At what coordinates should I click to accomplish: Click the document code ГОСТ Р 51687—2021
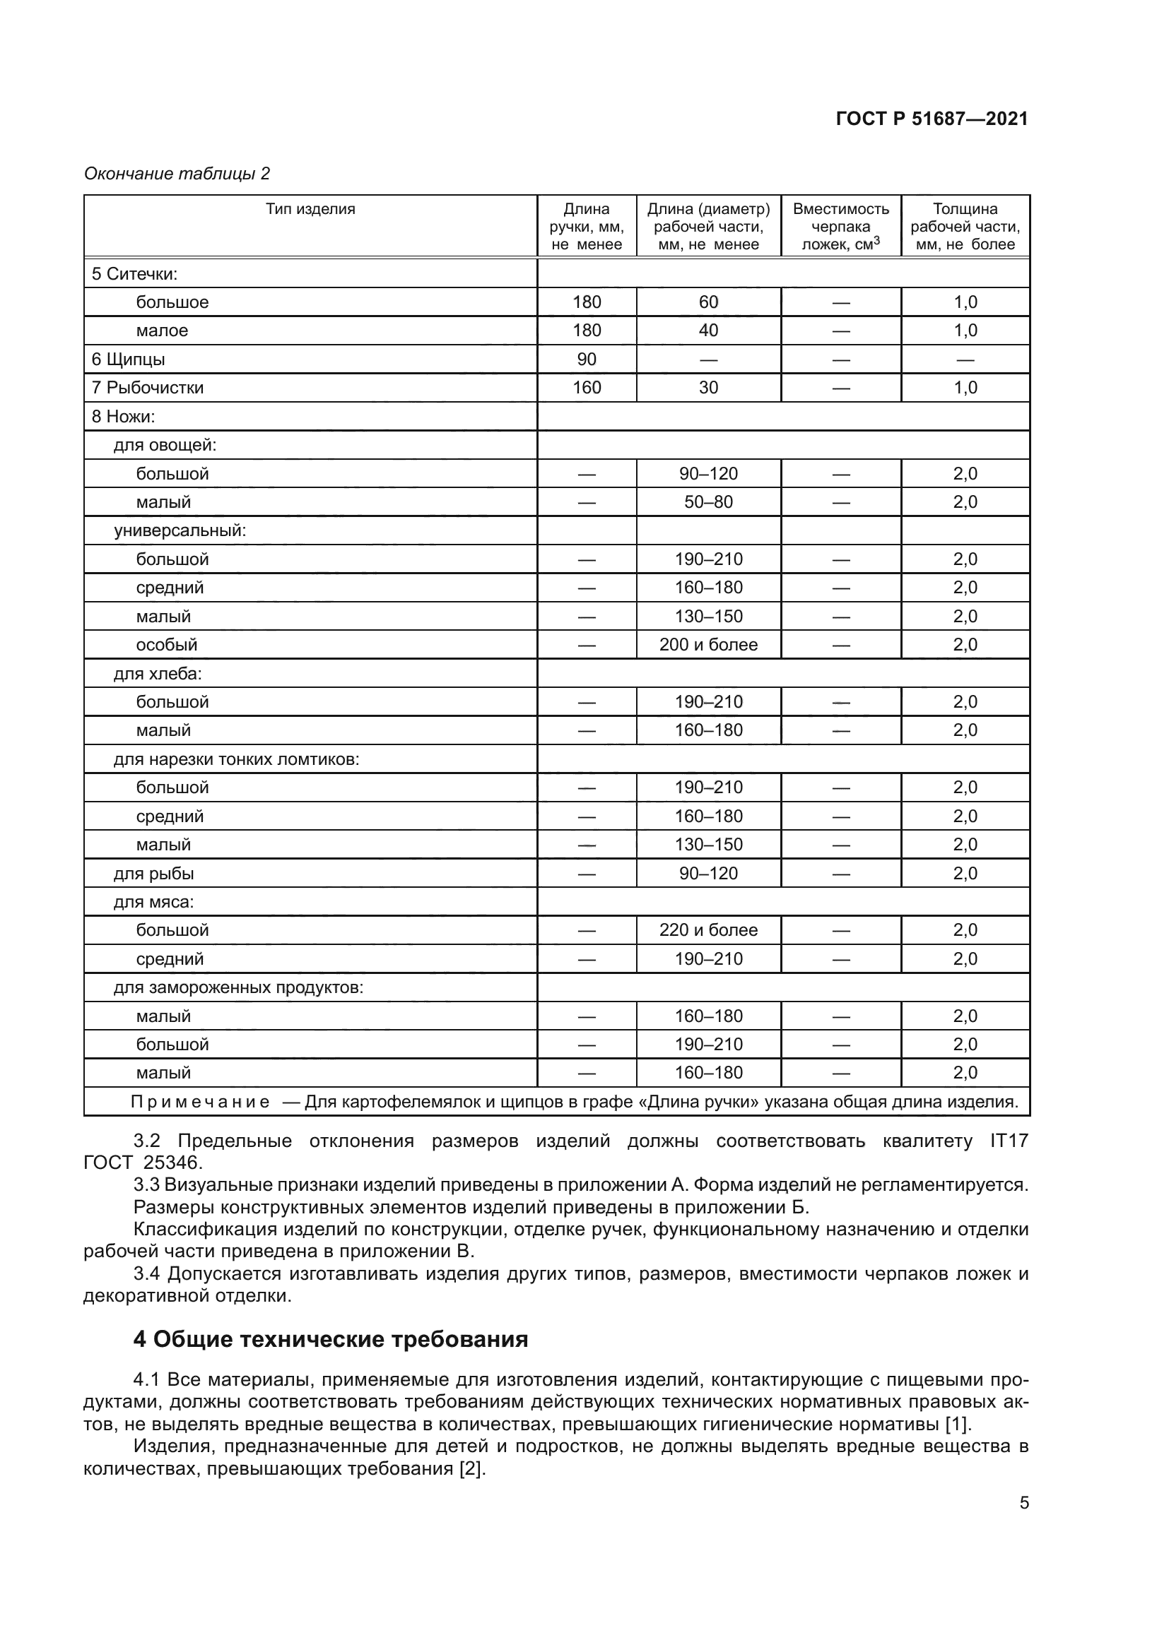[932, 119]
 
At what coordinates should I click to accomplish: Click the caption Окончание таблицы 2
[177, 174]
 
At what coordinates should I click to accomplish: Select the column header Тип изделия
[310, 209]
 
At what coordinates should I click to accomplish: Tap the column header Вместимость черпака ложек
[841, 227]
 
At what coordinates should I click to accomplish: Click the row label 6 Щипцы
[128, 359]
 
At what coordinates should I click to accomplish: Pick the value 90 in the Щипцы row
[587, 359]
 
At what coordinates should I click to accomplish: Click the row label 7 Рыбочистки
[148, 388]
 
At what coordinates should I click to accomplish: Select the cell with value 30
[708, 388]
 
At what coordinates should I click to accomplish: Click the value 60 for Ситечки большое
[708, 302]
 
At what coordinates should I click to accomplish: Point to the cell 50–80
[708, 502]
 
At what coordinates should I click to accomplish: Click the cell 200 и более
[708, 645]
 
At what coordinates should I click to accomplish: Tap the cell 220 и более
[708, 930]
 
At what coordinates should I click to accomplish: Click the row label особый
[166, 645]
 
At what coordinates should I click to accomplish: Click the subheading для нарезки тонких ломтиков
[236, 759]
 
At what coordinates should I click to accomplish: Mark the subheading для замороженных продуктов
[238, 987]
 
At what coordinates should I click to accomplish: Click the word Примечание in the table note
[200, 1102]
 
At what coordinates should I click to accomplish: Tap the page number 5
[1023, 1503]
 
